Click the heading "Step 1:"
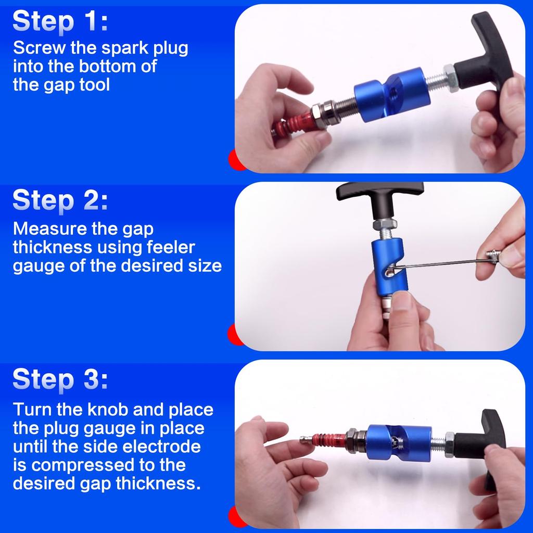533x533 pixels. (60, 21)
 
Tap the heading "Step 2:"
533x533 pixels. (60, 200)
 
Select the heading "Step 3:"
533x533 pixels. (60, 379)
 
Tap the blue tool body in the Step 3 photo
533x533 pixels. (399, 442)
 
